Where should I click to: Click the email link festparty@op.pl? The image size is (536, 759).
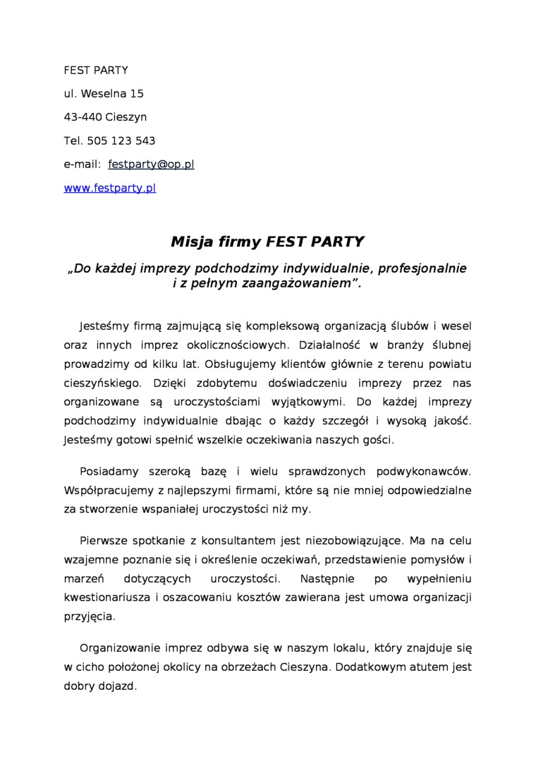151,165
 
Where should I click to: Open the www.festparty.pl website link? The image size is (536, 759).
109,188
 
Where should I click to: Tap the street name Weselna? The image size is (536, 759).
104,93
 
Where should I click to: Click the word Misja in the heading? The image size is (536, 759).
191,242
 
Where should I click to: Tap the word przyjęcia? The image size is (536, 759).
89,616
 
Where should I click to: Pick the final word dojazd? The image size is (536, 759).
117,686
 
